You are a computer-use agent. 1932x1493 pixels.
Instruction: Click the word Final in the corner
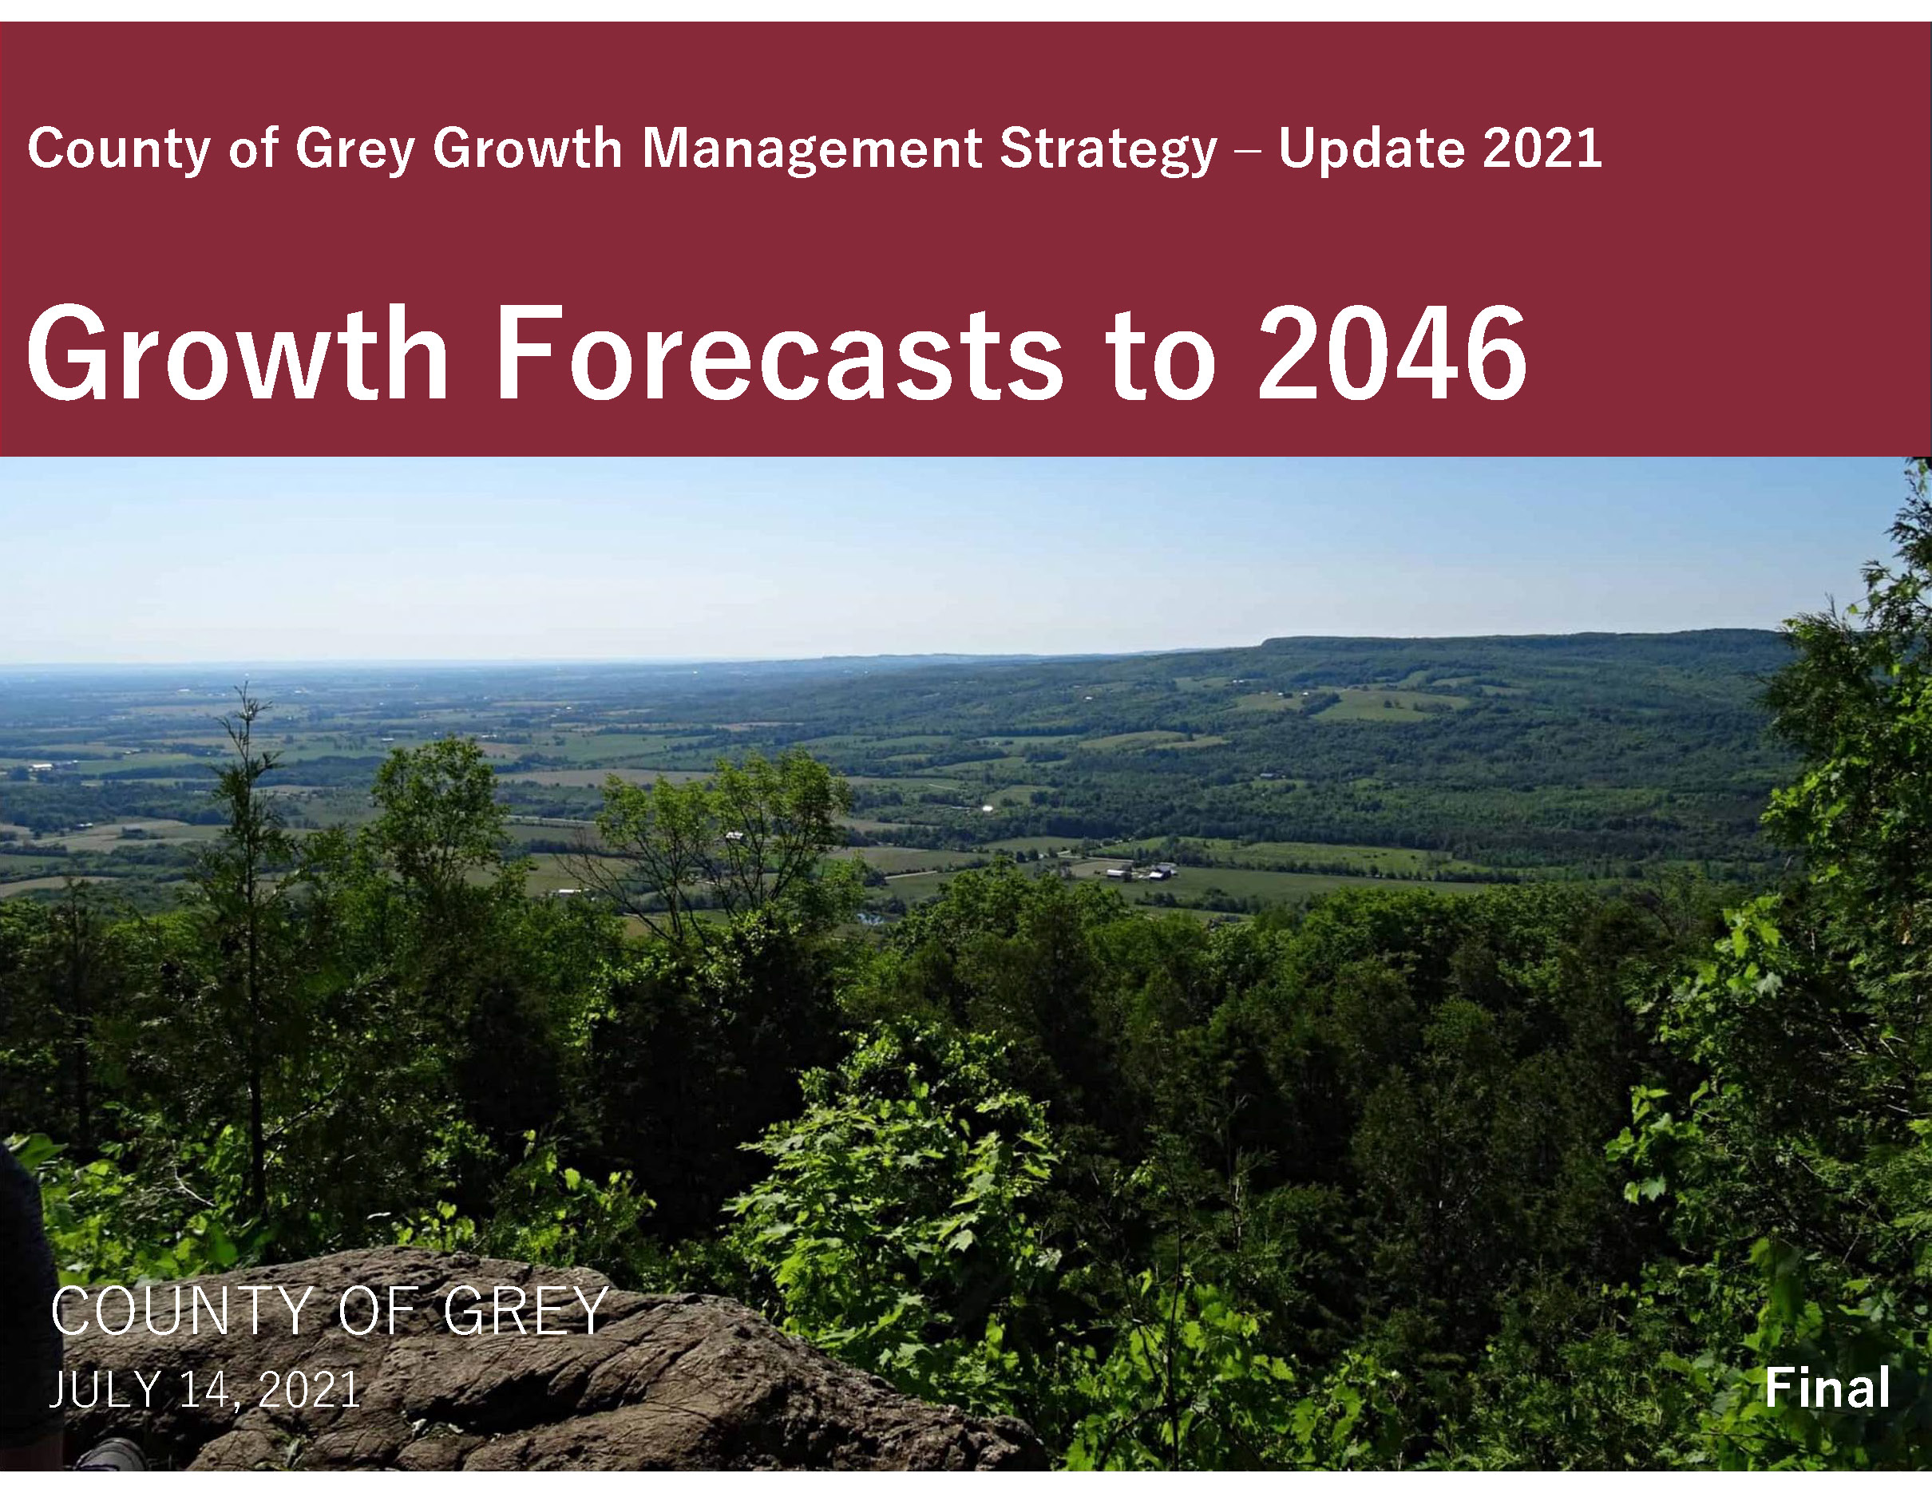pos(1827,1388)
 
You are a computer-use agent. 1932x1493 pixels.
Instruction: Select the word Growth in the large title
pos(238,354)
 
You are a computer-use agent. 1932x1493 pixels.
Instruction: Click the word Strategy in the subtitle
pos(1107,148)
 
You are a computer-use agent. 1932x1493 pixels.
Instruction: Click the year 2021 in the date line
pos(310,1389)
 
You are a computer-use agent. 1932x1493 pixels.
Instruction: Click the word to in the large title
pos(1160,354)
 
